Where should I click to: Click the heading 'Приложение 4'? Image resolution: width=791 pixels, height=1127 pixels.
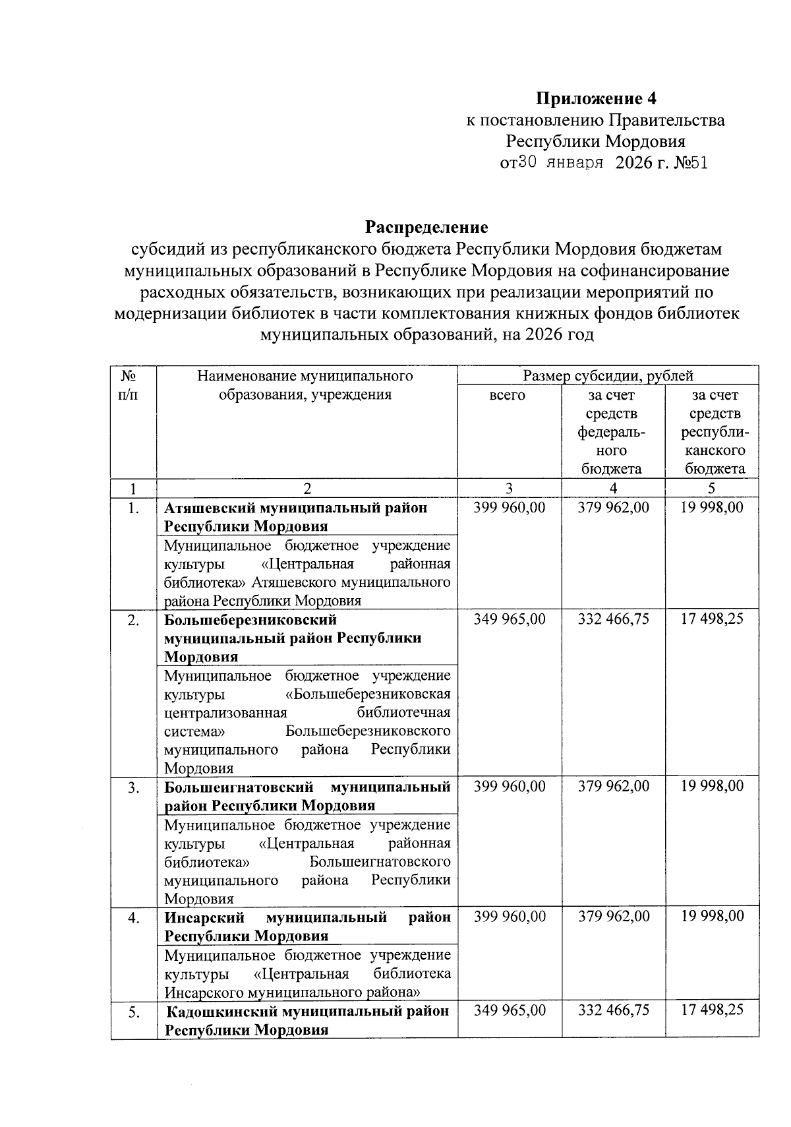[x=596, y=99]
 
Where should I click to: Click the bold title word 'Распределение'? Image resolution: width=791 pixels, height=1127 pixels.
[x=427, y=228]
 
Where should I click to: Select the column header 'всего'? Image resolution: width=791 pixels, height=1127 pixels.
[x=508, y=395]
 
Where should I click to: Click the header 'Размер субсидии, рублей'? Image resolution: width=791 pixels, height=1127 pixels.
[x=608, y=377]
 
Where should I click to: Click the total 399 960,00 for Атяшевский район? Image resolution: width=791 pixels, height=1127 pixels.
[x=510, y=508]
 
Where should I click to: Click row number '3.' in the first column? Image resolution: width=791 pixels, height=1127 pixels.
[x=134, y=787]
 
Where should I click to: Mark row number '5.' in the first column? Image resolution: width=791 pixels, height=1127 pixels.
[x=134, y=1012]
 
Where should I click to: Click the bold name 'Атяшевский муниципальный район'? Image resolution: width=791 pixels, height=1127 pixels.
[x=295, y=508]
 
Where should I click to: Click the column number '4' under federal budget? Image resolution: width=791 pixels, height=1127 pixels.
[x=613, y=489]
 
